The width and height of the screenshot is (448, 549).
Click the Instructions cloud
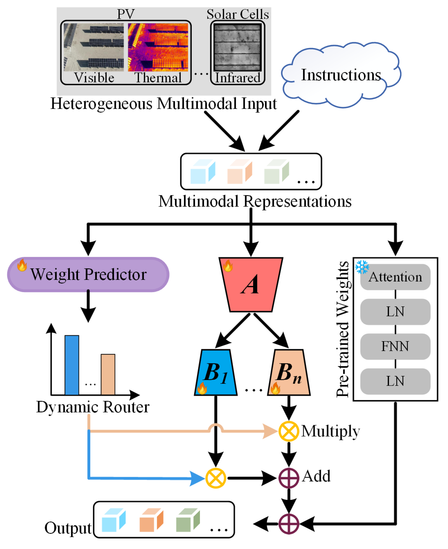point(341,75)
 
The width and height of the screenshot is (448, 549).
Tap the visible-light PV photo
point(94,47)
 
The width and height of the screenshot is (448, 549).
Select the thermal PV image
point(158,47)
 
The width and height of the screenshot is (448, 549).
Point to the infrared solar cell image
point(237,47)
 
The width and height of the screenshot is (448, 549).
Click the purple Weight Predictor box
point(88,274)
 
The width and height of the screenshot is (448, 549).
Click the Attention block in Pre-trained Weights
point(395,277)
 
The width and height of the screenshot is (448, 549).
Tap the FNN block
point(395,346)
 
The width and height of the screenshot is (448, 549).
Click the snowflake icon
point(362,267)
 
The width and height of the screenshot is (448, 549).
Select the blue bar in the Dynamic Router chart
point(72,365)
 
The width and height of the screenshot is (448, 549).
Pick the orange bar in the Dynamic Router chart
point(108,374)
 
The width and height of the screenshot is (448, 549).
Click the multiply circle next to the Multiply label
point(289,431)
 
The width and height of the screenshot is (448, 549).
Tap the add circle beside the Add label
point(289,478)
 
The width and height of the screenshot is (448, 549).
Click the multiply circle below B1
point(216,478)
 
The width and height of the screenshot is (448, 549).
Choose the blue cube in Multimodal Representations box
point(203,172)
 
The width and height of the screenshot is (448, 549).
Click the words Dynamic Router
point(93,407)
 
